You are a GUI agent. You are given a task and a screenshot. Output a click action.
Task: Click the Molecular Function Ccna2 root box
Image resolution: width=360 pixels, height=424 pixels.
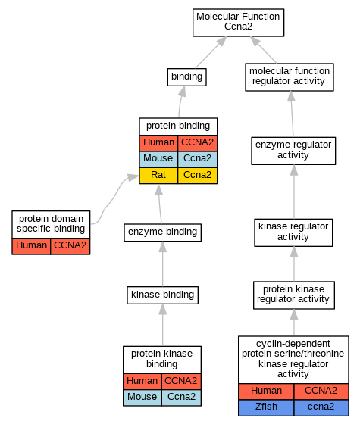238,23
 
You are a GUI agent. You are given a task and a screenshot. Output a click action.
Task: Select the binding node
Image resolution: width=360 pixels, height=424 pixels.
186,77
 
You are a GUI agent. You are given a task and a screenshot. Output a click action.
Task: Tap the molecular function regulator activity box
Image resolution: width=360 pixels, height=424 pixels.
290,77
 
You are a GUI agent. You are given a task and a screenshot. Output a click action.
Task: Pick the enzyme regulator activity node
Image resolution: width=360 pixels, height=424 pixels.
293,151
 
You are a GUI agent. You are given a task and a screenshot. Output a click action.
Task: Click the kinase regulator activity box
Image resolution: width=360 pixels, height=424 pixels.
293,232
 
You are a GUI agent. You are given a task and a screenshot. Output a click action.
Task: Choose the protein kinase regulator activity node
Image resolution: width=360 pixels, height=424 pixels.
294,295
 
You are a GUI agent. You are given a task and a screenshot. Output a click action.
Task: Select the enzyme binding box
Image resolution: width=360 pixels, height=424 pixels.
162,232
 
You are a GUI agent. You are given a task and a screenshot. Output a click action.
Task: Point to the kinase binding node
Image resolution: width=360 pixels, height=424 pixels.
162,295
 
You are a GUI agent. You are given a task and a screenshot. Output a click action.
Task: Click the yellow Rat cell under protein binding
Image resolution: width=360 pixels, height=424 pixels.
158,176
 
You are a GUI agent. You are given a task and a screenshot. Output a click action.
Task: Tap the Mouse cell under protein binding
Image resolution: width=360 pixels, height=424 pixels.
158,159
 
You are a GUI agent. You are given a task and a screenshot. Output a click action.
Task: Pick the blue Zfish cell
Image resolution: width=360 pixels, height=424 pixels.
266,407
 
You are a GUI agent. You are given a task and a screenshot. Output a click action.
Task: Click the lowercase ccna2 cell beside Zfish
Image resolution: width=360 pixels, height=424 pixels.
321,407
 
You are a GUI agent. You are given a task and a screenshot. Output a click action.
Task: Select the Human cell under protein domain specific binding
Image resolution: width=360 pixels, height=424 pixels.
31,246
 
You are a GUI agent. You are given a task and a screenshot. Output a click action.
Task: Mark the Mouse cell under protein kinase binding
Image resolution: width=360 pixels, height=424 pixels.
142,397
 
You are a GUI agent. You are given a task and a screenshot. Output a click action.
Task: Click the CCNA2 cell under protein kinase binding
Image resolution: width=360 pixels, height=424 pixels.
181,382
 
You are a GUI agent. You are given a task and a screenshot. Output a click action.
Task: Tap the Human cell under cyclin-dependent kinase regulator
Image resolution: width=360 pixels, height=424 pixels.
266,391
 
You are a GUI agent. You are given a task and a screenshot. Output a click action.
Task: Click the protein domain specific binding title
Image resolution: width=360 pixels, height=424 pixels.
51,224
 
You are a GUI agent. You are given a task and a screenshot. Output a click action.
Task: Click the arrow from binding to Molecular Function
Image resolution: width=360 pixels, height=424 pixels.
211,52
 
